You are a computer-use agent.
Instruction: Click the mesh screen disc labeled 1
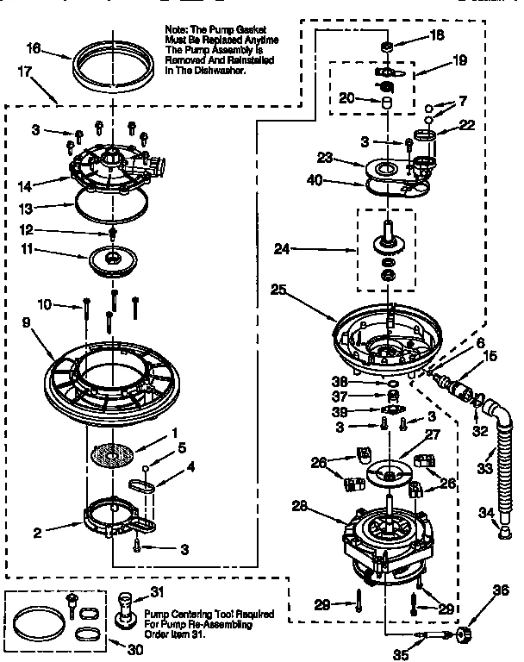(118, 454)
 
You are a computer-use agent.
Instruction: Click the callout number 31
(158, 590)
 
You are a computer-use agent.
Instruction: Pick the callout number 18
(438, 37)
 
